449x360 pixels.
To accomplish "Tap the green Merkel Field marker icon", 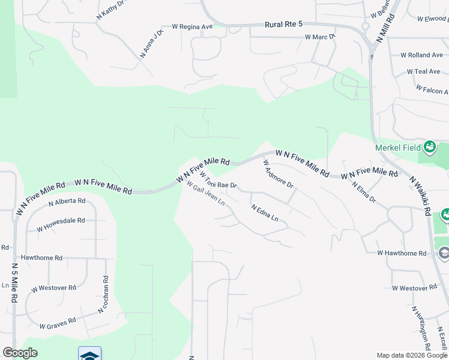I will tap(430, 146).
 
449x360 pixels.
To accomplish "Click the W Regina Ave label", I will tap(192, 26).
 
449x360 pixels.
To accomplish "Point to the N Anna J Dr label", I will tap(151, 44).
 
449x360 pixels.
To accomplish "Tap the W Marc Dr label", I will tap(319, 37).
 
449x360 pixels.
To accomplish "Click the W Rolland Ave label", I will tap(425, 55).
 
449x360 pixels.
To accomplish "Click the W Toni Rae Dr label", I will tap(218, 181).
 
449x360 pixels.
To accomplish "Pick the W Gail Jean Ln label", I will tap(205, 193).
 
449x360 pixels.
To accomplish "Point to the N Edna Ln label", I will tap(265, 213).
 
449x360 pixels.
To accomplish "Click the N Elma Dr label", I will tap(363, 192).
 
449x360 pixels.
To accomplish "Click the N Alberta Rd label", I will tap(67, 202).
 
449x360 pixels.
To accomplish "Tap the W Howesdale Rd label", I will tap(61, 224).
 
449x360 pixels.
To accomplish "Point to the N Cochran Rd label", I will tap(103, 294).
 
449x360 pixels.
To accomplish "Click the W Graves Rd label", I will tap(58, 323).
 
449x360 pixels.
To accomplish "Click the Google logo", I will tap(20, 353).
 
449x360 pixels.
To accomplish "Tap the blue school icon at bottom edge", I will tap(89, 354).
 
